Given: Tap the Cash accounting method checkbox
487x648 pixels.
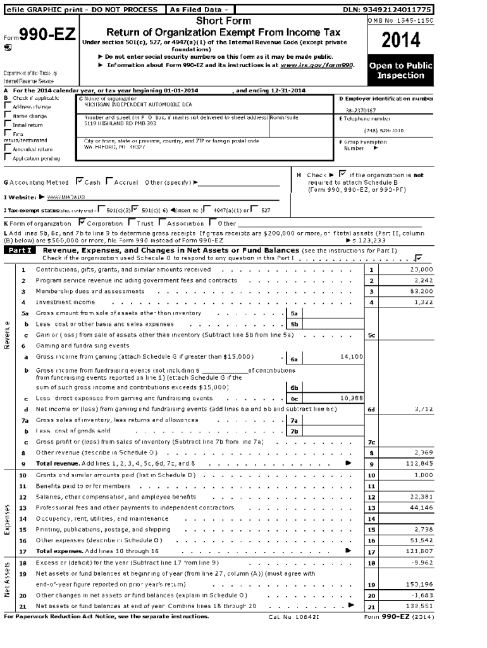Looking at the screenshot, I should click(79, 182).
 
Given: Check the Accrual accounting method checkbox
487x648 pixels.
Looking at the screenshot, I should click(109, 182).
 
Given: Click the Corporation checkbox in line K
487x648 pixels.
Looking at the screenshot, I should click(82, 223).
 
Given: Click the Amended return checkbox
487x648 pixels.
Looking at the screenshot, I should click(8, 149).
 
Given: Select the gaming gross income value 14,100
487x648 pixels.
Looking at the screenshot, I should click(351, 357).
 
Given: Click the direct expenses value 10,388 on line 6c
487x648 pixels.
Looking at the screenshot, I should click(351, 399).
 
